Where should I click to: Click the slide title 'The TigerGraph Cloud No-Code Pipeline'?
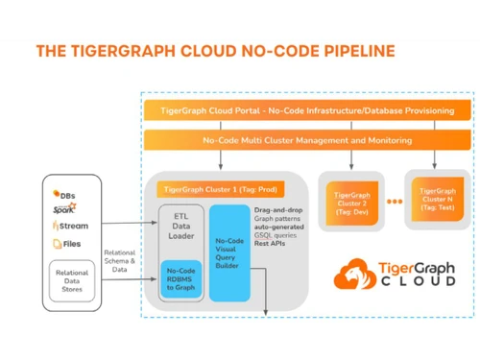pos(214,50)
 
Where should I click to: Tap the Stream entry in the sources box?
pos(70,226)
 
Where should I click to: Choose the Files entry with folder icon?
pos(67,244)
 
